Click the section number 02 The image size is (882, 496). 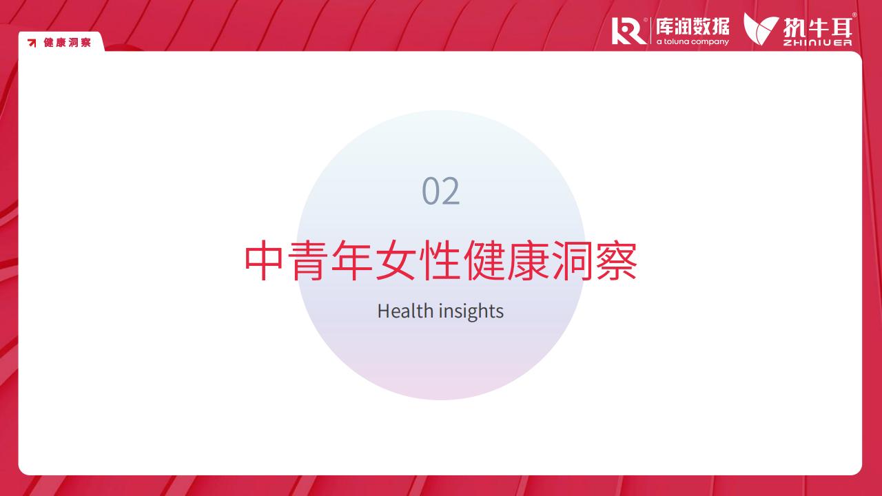[440, 191]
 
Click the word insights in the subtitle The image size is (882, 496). [471, 311]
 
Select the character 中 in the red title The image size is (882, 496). [264, 261]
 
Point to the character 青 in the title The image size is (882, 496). [308, 261]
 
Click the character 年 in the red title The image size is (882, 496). [352, 261]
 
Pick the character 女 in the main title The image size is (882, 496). [396, 261]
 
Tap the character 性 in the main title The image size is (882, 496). [440, 261]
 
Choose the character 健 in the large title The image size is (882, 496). [484, 261]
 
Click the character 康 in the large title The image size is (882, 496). [529, 261]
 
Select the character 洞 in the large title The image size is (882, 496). [573, 261]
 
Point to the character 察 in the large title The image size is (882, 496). [617, 261]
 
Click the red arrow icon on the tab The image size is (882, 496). [32, 43]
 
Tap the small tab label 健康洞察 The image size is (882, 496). [68, 43]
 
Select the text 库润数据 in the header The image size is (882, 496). [693, 27]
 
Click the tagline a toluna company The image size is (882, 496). [693, 41]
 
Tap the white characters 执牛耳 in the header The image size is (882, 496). [817, 28]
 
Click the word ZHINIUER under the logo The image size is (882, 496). [817, 43]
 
